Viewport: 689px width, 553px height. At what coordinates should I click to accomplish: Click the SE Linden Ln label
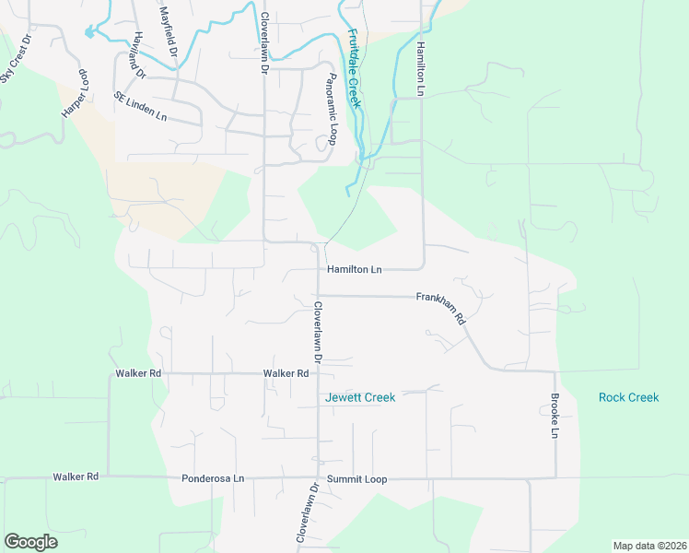(141, 107)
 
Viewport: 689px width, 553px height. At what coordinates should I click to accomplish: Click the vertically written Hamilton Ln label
(420, 68)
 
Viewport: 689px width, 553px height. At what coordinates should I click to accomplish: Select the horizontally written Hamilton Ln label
(354, 269)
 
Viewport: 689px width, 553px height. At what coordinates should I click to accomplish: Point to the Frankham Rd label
(442, 305)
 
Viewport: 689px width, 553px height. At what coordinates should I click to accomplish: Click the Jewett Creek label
(360, 397)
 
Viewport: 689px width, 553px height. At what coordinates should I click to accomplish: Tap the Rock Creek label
(629, 397)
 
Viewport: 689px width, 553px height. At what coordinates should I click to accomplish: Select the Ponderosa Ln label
(213, 478)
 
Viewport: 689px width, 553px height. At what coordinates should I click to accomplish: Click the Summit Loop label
(361, 479)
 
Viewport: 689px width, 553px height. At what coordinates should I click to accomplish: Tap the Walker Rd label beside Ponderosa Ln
(76, 477)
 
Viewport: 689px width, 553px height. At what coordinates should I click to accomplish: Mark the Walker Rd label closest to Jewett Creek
(286, 373)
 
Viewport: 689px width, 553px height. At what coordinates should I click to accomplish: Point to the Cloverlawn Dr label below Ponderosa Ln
(306, 512)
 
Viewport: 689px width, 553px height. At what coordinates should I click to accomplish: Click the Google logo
(30, 542)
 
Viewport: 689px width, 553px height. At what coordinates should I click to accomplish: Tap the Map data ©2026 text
(649, 546)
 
